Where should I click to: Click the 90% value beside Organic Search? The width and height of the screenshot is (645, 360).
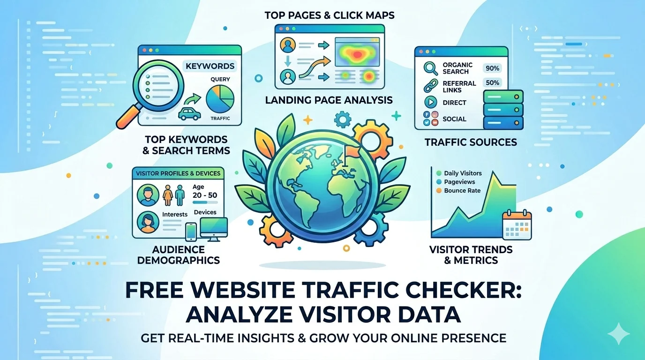[x=492, y=68]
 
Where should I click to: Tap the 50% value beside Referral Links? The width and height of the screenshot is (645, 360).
[x=492, y=83]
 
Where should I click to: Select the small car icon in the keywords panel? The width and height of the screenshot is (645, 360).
[x=189, y=113]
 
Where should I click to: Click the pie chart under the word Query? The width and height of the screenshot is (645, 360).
[x=220, y=99]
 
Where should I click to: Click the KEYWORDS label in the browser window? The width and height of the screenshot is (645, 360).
[x=210, y=66]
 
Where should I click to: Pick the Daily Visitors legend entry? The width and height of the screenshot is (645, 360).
[x=459, y=173]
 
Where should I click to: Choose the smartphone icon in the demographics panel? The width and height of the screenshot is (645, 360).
[x=191, y=232]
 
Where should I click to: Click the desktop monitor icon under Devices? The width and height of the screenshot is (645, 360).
[x=213, y=229]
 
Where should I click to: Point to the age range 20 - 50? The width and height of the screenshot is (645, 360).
[x=205, y=195]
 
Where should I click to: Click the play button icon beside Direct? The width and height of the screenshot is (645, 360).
[x=431, y=102]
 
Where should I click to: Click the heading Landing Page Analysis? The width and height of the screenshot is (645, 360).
[x=329, y=100]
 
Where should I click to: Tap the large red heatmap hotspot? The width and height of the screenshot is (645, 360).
[x=357, y=54]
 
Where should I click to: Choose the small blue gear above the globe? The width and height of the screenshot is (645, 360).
[x=343, y=119]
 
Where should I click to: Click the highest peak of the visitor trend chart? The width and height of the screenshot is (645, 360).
[x=493, y=172]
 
